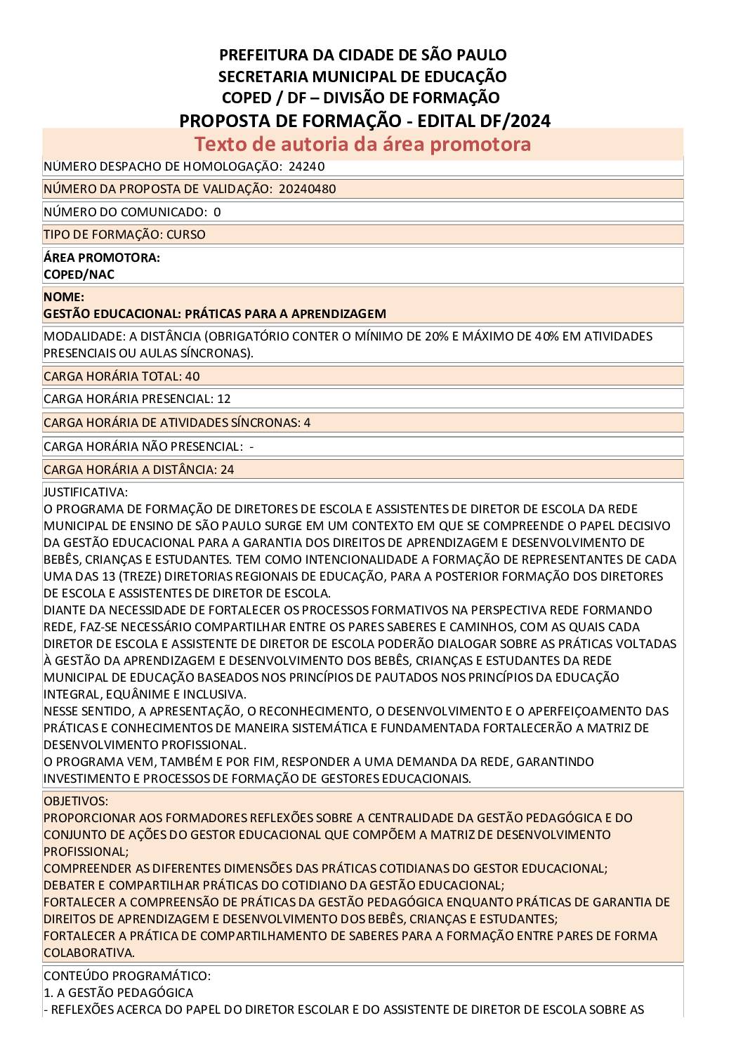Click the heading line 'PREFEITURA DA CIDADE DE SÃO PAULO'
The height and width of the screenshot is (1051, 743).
point(363,55)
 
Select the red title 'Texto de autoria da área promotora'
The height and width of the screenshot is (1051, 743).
point(362,144)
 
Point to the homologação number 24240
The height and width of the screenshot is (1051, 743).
point(307,166)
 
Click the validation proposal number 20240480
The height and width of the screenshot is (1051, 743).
point(307,189)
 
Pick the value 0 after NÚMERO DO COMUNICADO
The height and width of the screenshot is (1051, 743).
point(217,212)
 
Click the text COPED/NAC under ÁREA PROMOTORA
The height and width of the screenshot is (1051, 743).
point(79,275)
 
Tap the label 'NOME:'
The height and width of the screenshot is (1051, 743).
point(64,297)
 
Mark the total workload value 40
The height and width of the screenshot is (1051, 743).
point(192,376)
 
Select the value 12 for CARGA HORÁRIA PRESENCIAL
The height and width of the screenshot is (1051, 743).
point(224,399)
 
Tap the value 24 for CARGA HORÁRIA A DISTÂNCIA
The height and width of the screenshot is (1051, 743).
point(227,470)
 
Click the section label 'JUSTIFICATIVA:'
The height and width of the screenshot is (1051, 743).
point(86,492)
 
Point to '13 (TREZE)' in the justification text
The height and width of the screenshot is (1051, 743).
point(107,576)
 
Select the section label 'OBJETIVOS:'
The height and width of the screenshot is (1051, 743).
point(76,801)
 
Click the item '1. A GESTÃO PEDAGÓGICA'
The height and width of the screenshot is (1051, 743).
point(118,993)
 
